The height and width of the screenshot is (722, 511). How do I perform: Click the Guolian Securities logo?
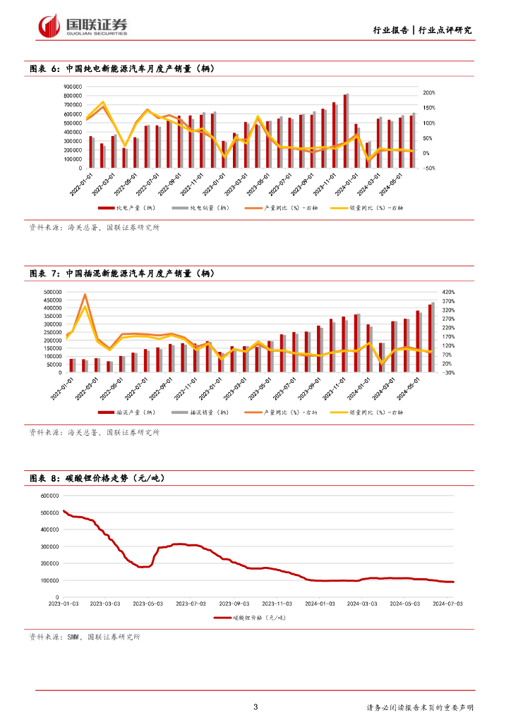[83, 26]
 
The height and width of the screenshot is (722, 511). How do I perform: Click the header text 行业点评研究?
[445, 30]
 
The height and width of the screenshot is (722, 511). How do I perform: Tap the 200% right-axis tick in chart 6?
[429, 92]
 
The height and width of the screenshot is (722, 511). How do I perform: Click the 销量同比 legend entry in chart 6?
[385, 208]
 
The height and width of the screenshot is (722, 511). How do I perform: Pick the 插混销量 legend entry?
[205, 412]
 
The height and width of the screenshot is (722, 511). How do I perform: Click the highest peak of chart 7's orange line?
[85, 295]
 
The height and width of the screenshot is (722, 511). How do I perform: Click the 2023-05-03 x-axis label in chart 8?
[149, 603]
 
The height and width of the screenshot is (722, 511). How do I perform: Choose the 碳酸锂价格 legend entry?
[254, 618]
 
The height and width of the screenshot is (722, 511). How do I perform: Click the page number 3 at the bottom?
[255, 707]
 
